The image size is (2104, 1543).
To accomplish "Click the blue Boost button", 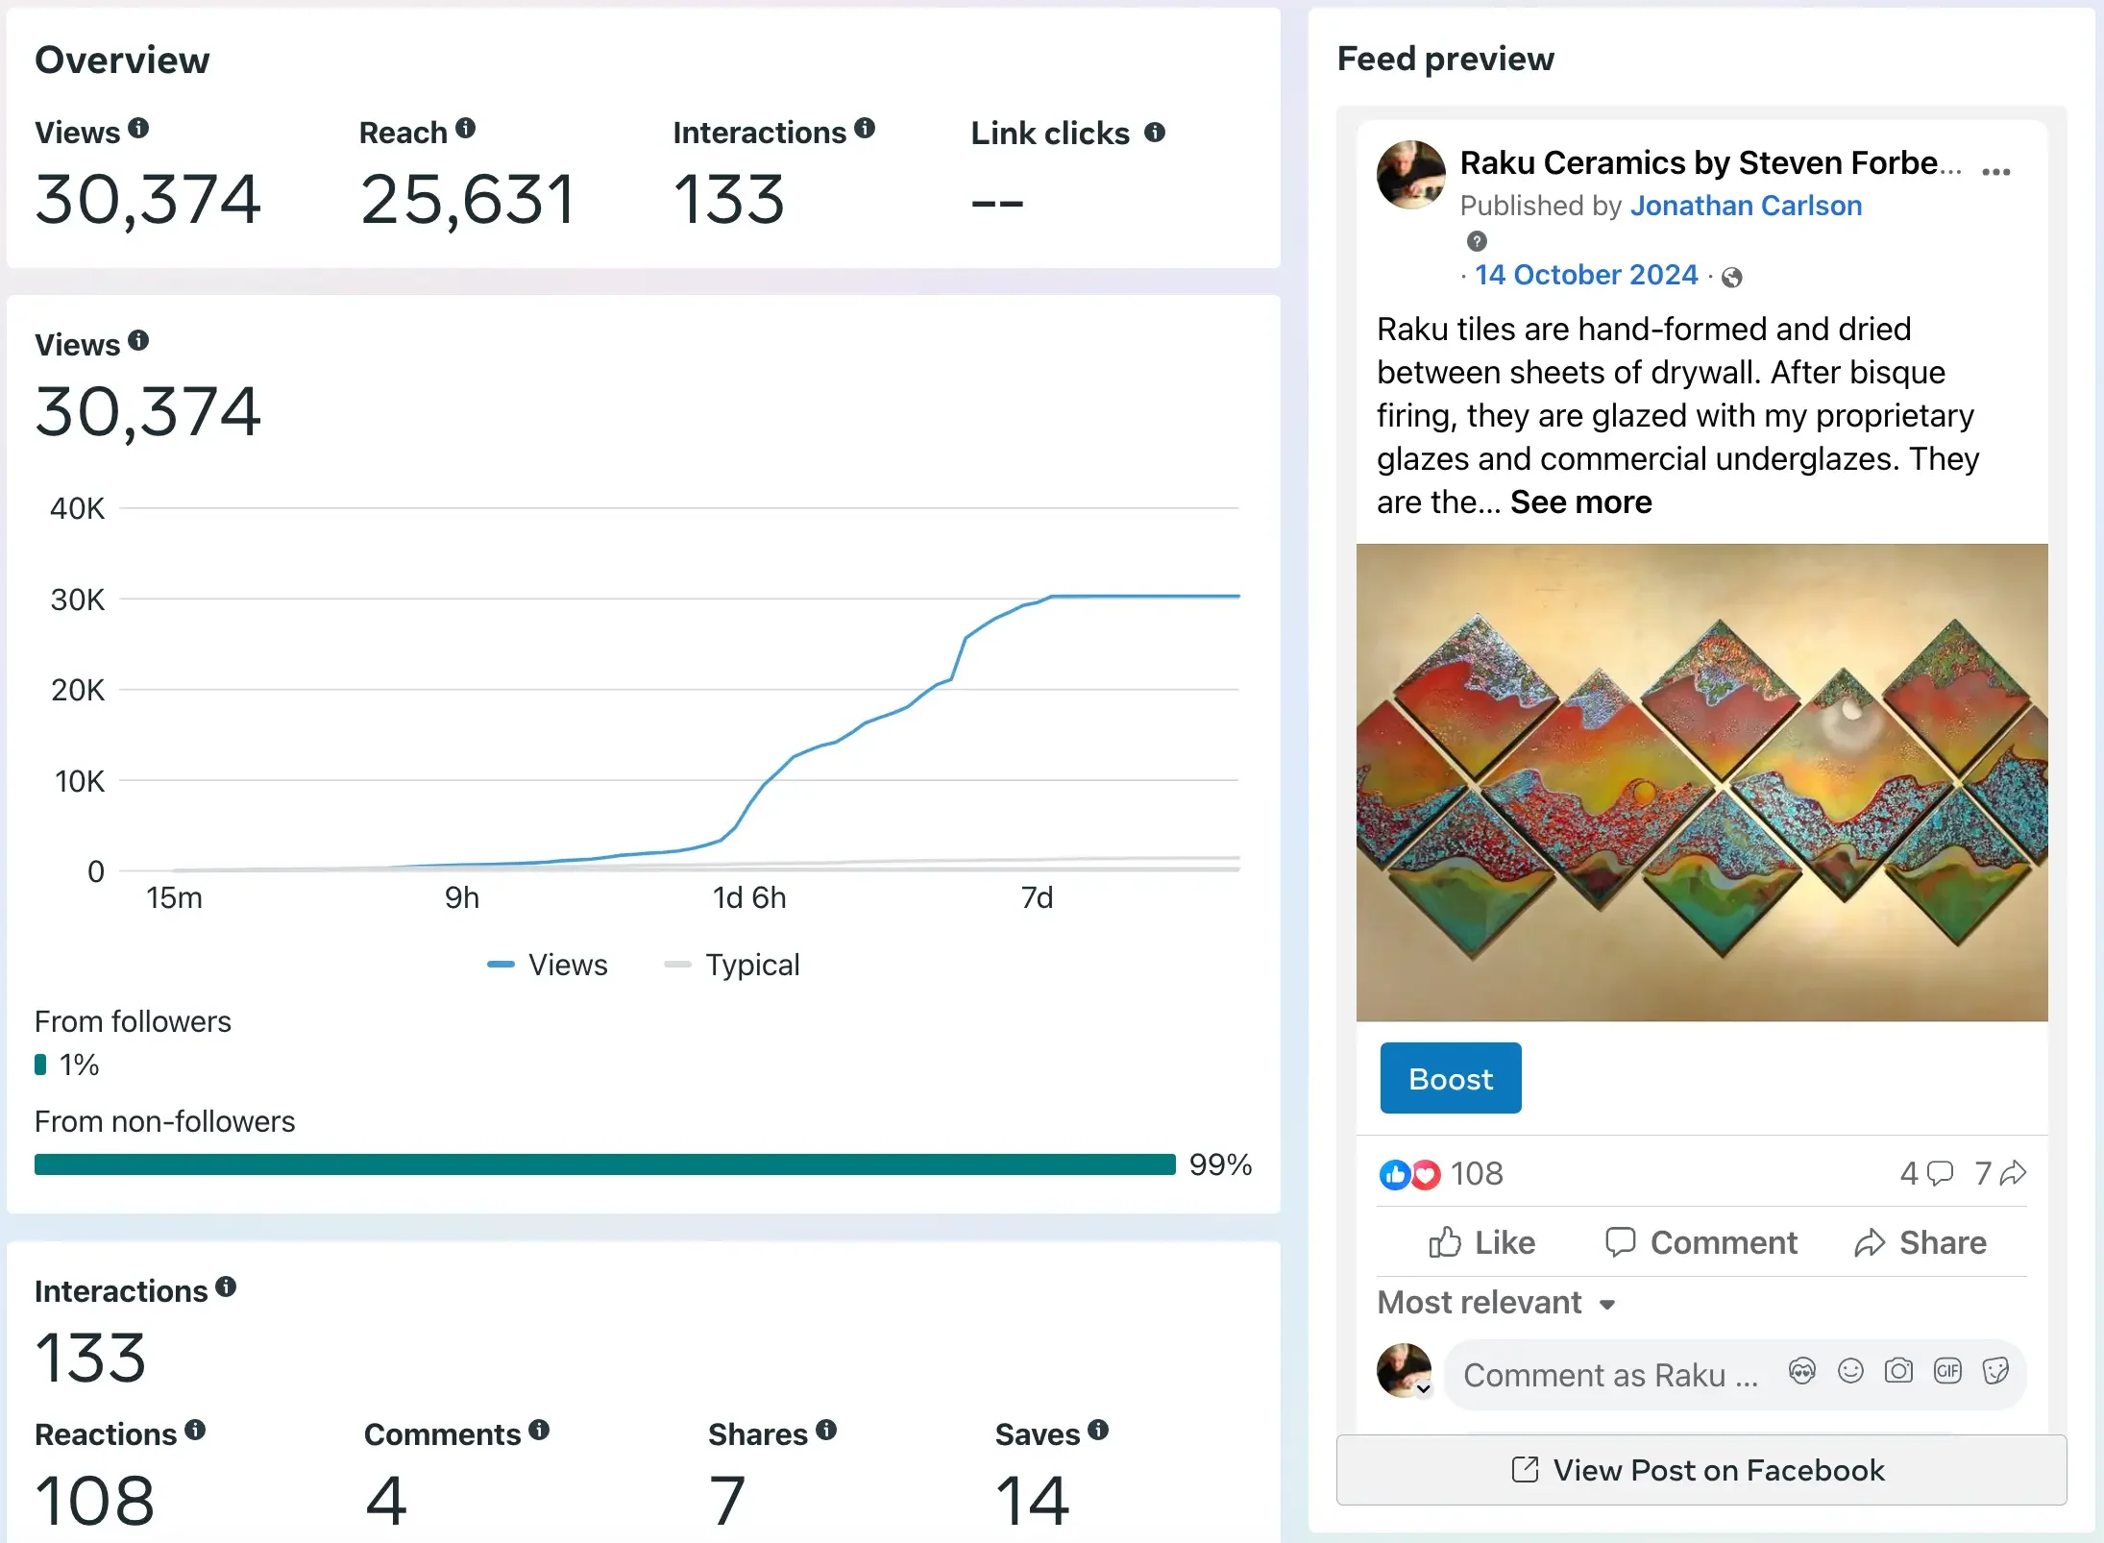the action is click(1450, 1078).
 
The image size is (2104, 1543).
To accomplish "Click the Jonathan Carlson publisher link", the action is click(1746, 206).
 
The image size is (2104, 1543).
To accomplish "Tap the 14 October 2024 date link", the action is click(1586, 275).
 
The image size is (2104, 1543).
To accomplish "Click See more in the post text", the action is click(1580, 502).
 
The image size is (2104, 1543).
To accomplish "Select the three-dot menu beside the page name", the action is click(1995, 172).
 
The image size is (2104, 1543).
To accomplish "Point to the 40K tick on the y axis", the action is click(77, 508).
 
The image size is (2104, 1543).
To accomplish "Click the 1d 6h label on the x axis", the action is click(749, 897).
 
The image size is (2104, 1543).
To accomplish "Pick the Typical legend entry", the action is click(732, 965).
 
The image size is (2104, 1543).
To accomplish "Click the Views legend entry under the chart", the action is click(548, 965).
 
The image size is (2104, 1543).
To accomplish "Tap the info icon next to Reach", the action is click(466, 128).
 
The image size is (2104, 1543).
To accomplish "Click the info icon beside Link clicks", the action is click(1155, 133).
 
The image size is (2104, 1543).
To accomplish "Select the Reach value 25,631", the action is click(467, 200).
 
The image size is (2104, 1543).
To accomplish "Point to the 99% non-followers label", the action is click(1220, 1164).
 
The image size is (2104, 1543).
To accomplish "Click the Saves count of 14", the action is click(1032, 1500).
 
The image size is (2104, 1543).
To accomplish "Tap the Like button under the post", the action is click(1481, 1242).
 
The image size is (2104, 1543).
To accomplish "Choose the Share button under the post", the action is click(1920, 1242).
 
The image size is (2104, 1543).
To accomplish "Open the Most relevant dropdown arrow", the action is click(1607, 1305).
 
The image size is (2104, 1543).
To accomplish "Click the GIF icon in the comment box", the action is click(1947, 1371).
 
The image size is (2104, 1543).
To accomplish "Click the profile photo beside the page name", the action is click(1411, 175).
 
